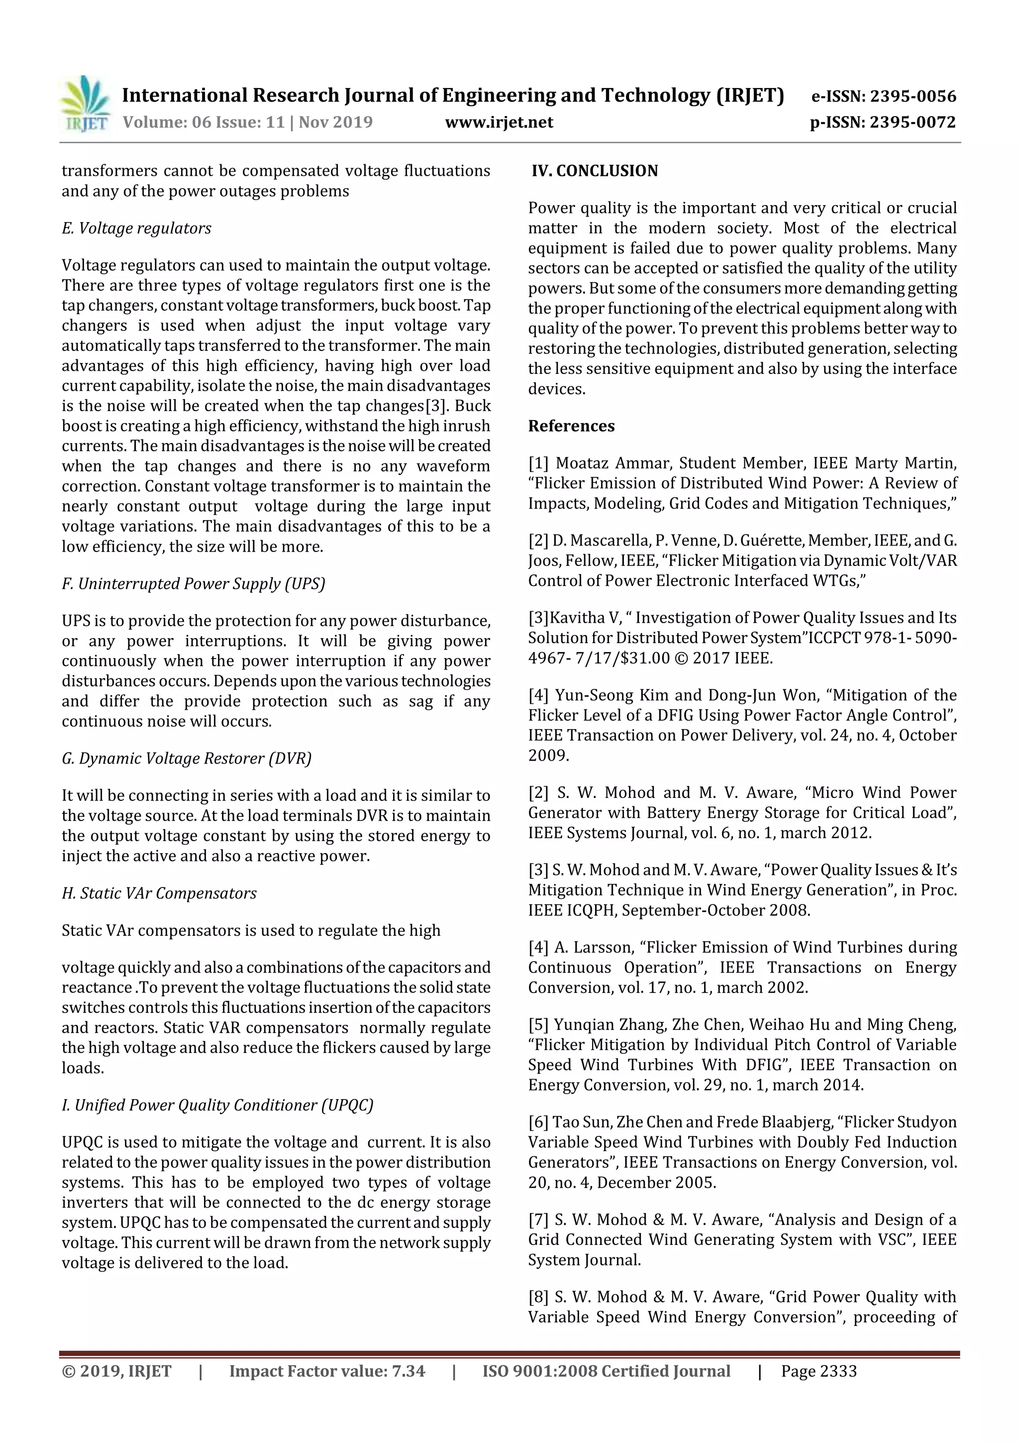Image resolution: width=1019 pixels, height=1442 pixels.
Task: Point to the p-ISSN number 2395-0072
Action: point(912,122)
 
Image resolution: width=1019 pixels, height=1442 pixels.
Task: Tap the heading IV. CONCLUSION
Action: point(595,171)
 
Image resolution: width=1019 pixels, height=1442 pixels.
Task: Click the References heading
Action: point(571,426)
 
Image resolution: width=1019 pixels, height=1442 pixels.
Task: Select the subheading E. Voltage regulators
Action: point(136,228)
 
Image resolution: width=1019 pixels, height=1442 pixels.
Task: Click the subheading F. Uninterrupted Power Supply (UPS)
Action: point(194,583)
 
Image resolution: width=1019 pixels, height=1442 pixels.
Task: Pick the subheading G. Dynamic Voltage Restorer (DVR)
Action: point(187,758)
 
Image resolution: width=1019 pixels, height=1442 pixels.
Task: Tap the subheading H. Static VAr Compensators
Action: point(159,893)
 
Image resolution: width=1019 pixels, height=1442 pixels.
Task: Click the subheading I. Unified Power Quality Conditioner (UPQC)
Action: point(217,1105)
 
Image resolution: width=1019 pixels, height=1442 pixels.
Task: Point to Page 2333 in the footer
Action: point(818,1370)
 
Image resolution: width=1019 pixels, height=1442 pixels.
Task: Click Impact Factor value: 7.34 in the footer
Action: point(326,1370)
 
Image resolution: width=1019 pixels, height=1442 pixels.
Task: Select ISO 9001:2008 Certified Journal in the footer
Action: point(606,1370)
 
